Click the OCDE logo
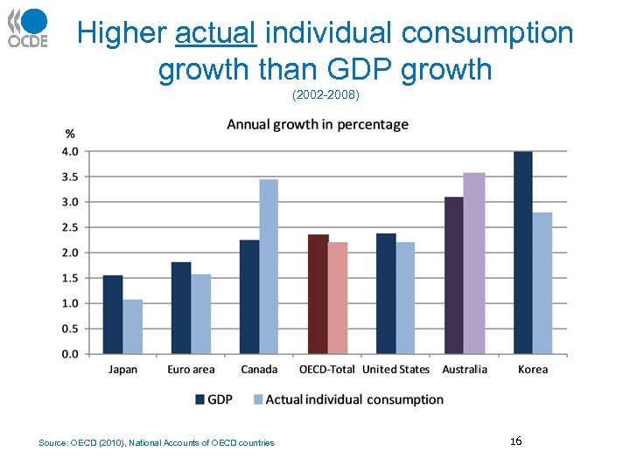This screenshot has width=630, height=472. [27, 27]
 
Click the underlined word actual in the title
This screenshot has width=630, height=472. [215, 34]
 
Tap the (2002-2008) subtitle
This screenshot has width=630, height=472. [325, 94]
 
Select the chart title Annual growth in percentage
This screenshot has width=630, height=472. [318, 124]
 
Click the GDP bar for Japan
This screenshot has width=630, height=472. [113, 315]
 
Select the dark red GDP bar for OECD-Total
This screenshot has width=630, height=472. [318, 294]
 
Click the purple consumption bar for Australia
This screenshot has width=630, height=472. [474, 263]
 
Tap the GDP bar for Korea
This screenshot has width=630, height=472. [523, 253]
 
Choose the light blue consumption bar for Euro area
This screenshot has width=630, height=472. [201, 314]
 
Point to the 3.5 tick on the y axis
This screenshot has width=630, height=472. [69, 177]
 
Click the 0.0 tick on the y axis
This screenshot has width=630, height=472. [69, 354]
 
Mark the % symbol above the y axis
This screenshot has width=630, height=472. [70, 134]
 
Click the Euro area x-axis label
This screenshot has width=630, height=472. [191, 370]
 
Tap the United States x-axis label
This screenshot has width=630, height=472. [395, 370]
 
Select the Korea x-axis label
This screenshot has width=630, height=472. [532, 370]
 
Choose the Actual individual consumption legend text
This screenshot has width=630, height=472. [354, 399]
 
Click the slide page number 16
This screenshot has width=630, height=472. [515, 441]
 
